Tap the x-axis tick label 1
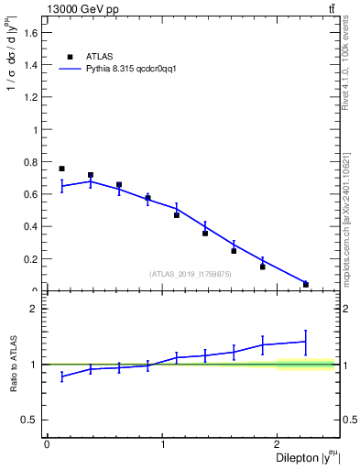163,444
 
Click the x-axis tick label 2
280,444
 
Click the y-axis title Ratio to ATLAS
12,365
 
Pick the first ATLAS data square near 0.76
61,169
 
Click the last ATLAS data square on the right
305,284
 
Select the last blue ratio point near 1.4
305,342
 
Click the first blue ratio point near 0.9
61,376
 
